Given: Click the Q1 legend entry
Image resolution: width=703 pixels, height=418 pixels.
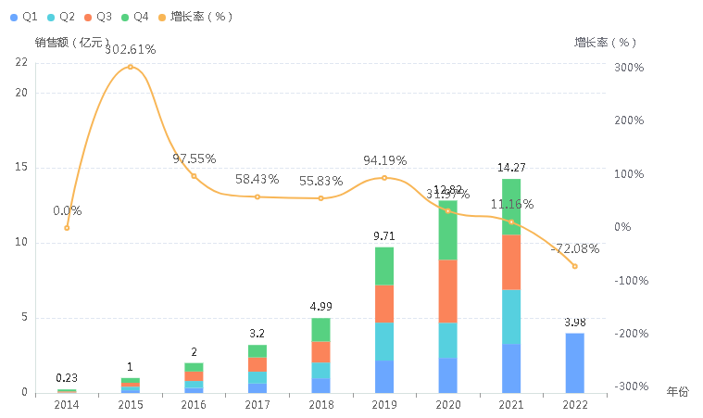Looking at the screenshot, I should tap(25, 17).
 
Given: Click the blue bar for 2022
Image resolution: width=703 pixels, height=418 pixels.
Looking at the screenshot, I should tap(574, 362).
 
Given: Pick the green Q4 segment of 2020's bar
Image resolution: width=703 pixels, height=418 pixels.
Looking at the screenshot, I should tap(447, 230).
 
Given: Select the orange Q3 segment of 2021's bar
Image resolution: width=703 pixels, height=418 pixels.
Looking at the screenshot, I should tap(511, 262).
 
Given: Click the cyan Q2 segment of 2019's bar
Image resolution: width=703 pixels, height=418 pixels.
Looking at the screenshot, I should tap(384, 341).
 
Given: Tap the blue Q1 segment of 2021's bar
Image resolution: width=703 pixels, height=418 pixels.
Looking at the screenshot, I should tap(511, 368).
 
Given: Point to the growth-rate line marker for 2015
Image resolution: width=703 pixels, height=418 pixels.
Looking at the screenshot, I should tap(131, 67).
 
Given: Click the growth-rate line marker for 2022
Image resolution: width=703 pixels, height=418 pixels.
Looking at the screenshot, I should tap(574, 266).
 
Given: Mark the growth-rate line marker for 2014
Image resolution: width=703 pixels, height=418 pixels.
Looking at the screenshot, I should tap(67, 227).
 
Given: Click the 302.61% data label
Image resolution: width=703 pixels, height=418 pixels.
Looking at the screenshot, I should tap(131, 49).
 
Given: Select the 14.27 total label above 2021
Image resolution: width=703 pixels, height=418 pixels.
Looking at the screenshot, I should tap(511, 168).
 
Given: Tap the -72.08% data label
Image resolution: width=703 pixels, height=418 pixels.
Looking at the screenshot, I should tap(574, 248).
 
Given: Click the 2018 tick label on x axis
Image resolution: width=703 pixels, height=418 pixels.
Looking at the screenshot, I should tap(320, 405).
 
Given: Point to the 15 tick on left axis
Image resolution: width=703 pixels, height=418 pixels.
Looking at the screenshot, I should tap(21, 168).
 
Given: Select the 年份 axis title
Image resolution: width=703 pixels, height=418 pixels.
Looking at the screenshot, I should tap(678, 392).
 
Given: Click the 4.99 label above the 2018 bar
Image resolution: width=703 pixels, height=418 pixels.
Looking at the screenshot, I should tap(320, 307).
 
